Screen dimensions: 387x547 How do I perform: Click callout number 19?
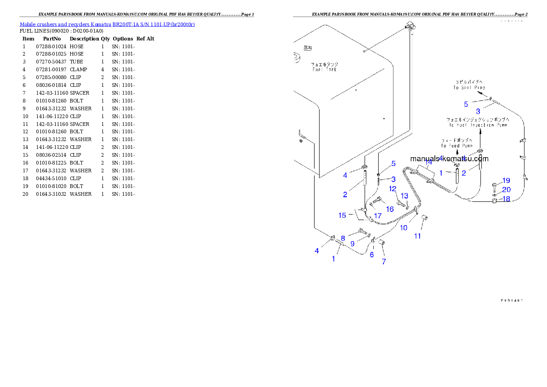pyautogui.click(x=506, y=180)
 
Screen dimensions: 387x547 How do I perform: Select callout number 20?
pyautogui.click(x=506, y=189)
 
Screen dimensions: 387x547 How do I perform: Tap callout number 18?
pyautogui.click(x=506, y=199)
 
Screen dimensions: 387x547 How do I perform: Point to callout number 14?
pyautogui.click(x=428, y=162)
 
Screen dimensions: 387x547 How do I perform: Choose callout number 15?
pyautogui.click(x=342, y=215)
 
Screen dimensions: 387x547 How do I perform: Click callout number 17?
pyautogui.click(x=377, y=215)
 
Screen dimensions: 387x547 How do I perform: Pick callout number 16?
pyautogui.click(x=390, y=209)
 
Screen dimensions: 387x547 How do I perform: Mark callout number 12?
pyautogui.click(x=393, y=188)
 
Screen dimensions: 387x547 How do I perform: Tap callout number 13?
pyautogui.click(x=405, y=196)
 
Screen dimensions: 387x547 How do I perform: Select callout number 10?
pyautogui.click(x=403, y=227)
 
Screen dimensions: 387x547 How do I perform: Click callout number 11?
pyautogui.click(x=417, y=236)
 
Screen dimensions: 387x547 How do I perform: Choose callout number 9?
pyautogui.click(x=352, y=244)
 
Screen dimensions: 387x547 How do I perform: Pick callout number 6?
pyautogui.click(x=372, y=254)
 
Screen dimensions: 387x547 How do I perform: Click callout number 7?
pyautogui.click(x=383, y=262)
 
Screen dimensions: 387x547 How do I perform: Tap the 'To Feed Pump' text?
pyautogui.click(x=456, y=143)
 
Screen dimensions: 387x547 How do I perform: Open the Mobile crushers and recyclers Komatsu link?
pyautogui.click(x=107, y=24)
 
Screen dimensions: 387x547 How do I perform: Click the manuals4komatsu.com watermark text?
pyautogui.click(x=449, y=159)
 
